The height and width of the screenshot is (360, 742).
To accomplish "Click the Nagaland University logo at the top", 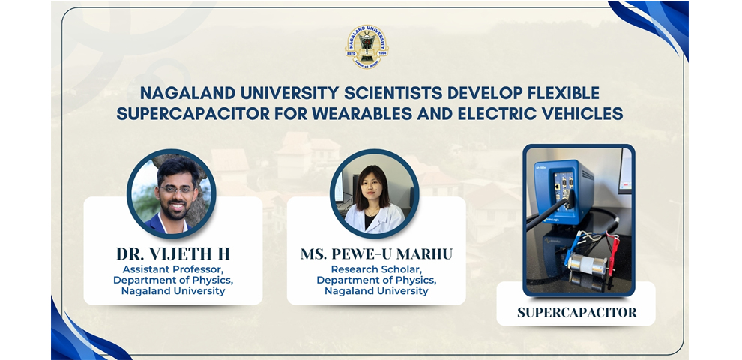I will (367, 47).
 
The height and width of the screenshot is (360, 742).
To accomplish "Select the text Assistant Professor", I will (173, 269).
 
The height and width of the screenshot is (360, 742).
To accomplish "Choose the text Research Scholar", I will (376, 269).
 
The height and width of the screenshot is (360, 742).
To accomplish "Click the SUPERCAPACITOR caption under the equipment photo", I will (576, 312).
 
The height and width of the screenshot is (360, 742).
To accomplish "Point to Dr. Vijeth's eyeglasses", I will (177, 189).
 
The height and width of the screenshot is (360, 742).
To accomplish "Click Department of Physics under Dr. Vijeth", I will (173, 280).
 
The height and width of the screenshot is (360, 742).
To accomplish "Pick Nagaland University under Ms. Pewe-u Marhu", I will (376, 291).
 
